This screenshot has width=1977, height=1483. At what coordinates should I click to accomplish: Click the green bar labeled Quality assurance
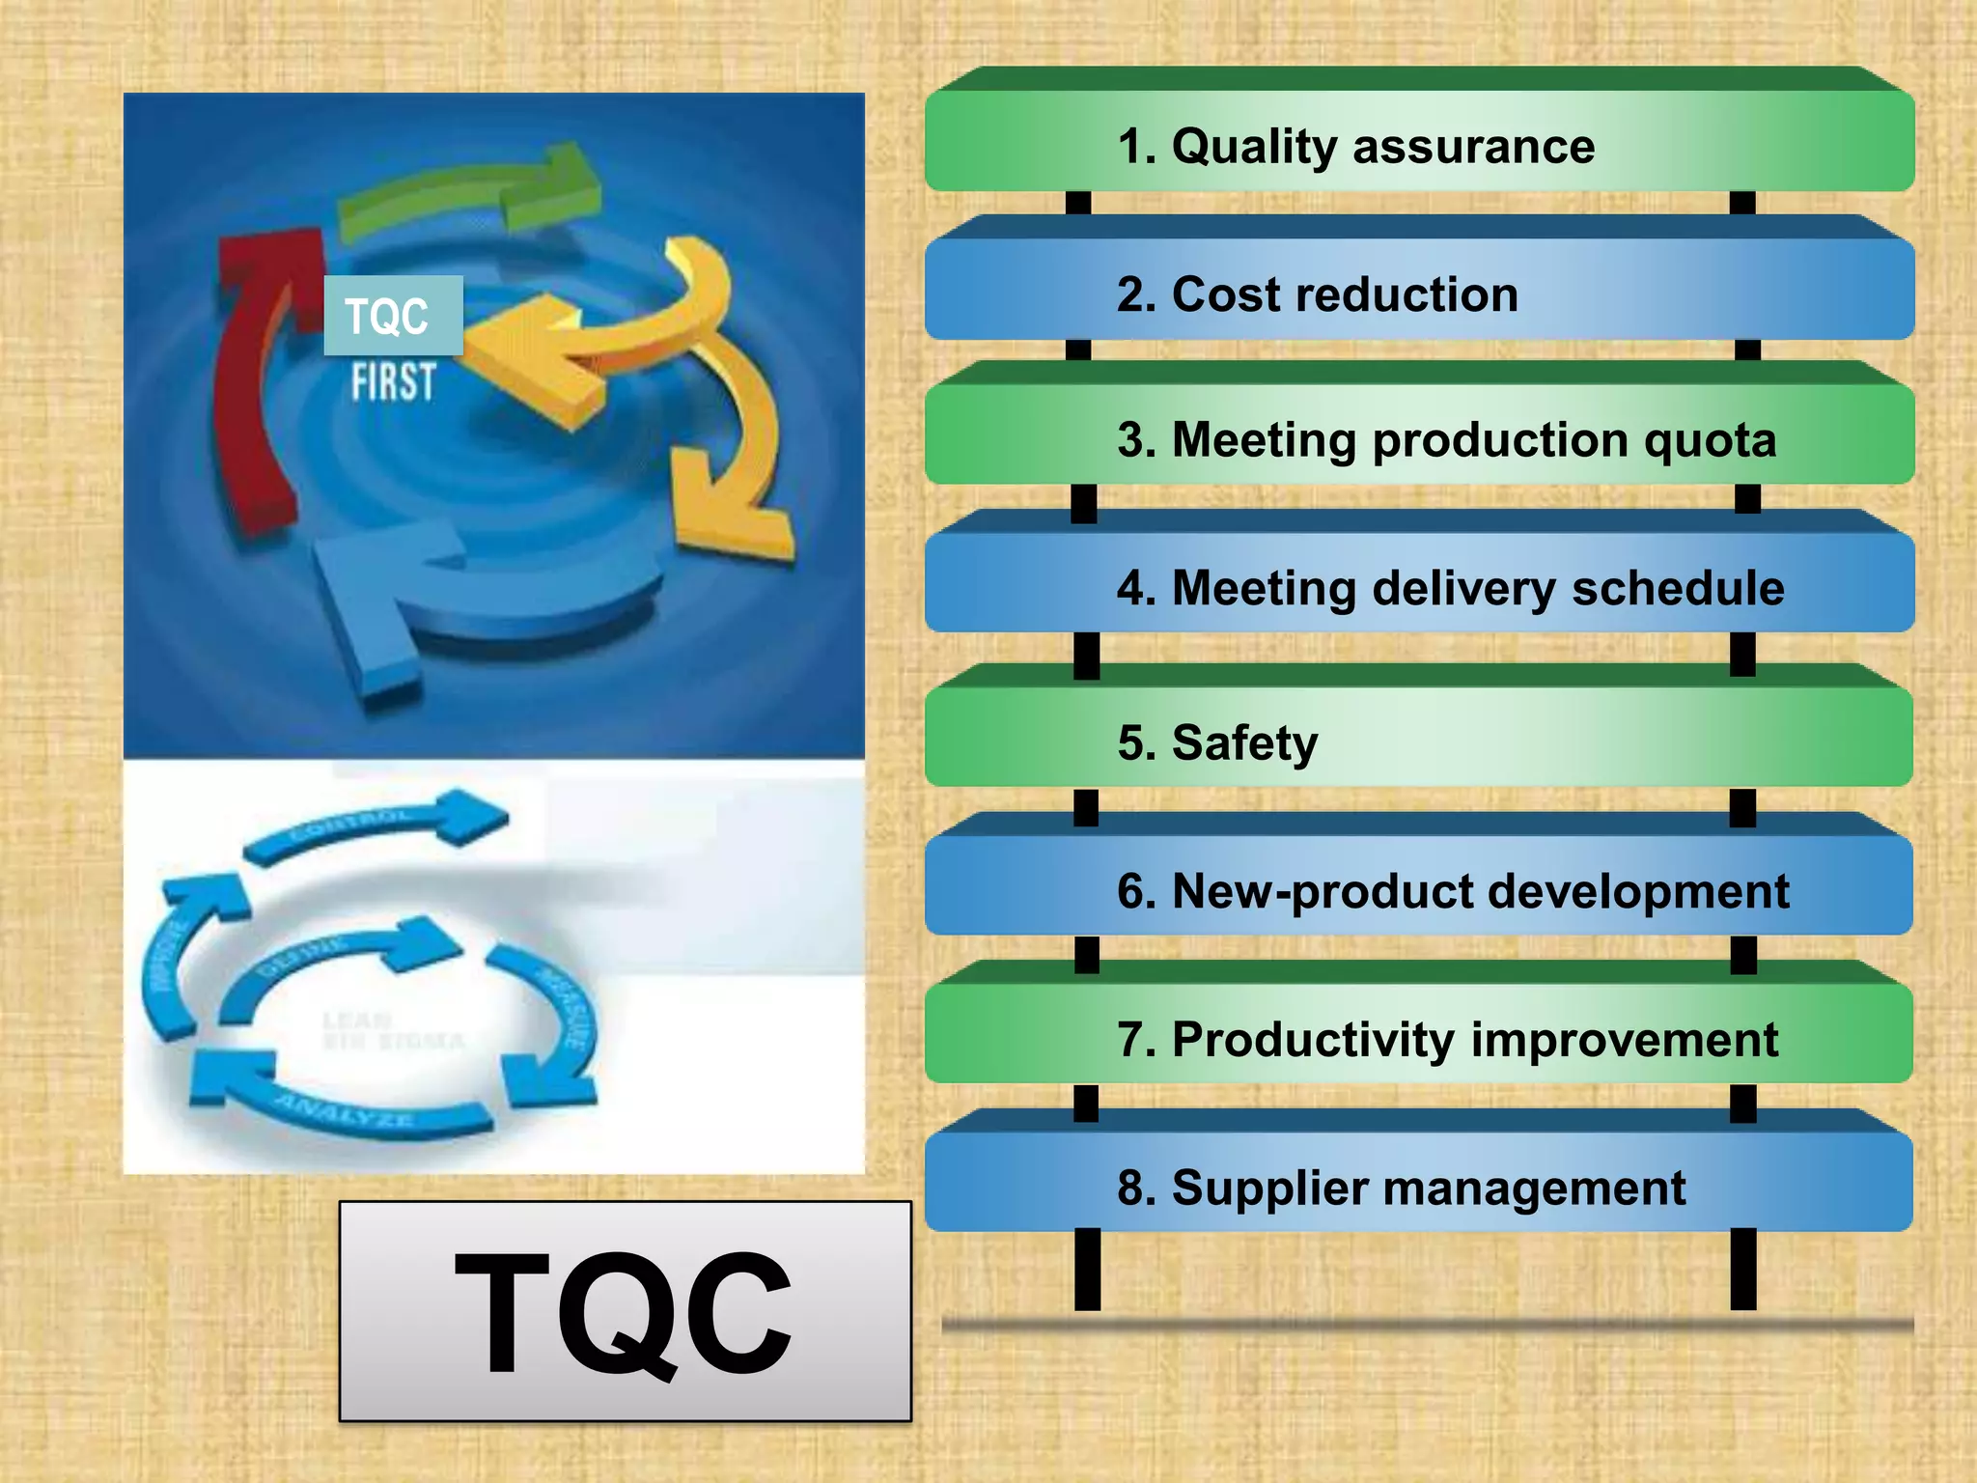(x=1419, y=142)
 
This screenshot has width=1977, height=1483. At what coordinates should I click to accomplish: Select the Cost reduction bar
(x=1419, y=292)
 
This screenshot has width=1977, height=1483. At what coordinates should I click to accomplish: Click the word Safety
(x=1244, y=743)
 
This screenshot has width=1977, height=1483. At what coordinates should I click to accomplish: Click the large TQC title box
(x=625, y=1311)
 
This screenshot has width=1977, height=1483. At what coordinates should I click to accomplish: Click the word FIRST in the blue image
(x=393, y=382)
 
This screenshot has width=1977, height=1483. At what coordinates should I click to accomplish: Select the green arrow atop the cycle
(x=473, y=193)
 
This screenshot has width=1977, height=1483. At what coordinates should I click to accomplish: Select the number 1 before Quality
(x=1130, y=148)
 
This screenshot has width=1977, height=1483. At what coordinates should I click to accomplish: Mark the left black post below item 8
(x=1087, y=1269)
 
